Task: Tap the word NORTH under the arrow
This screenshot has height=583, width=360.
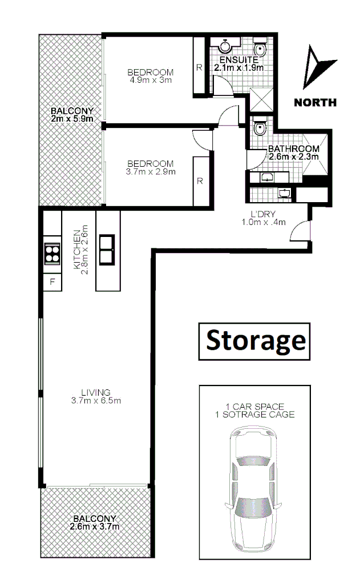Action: pos(315,103)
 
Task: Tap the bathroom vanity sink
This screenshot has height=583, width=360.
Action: pos(266,178)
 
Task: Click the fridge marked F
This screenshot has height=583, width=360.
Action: pos(52,282)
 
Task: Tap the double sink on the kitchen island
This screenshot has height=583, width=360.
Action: pos(107,250)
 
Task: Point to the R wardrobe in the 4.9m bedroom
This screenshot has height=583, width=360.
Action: pos(199,66)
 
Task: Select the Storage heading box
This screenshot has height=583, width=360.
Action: pos(255,341)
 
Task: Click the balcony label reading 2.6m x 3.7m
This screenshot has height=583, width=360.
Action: pos(95,526)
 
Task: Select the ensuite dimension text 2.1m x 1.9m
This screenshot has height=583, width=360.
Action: pos(238,67)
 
